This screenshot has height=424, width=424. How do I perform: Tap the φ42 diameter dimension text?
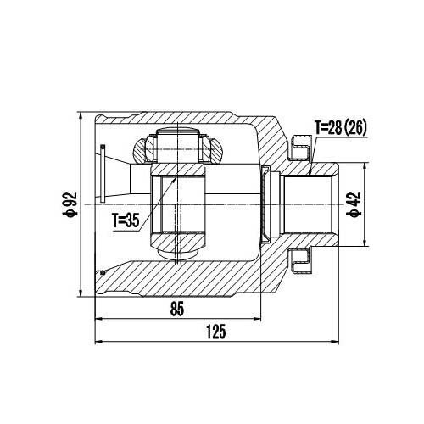click(x=354, y=204)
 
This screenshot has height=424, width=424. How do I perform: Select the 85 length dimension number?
click(x=176, y=309)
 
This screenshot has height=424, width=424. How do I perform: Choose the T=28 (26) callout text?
click(x=343, y=128)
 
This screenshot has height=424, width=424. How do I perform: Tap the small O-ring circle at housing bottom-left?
click(x=103, y=272)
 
